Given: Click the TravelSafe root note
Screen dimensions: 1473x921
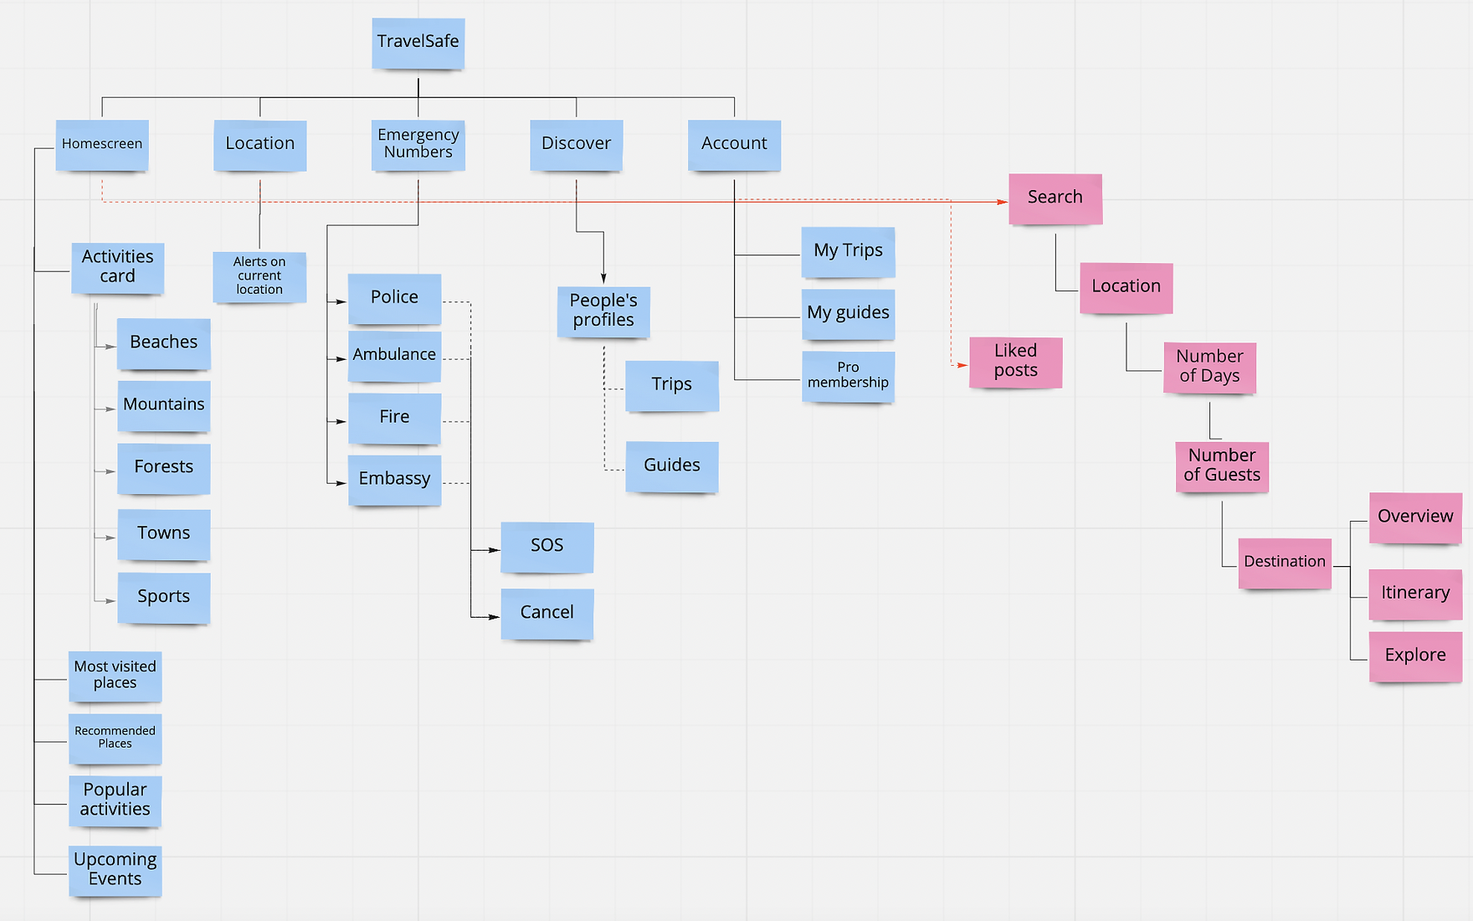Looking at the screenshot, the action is (x=418, y=43).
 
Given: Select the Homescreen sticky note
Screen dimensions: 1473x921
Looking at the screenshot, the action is (x=102, y=145).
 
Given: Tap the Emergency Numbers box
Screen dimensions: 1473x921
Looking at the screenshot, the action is (x=418, y=144).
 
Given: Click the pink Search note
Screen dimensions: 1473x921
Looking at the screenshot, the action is (x=1055, y=198).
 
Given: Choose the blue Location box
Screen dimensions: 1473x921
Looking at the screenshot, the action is (x=259, y=145).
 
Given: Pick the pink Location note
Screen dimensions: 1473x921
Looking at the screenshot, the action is (x=1126, y=287).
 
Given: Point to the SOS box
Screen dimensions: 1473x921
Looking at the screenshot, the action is (x=547, y=547).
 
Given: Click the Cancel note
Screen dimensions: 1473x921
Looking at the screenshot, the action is (x=547, y=613).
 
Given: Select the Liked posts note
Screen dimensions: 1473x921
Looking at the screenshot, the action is (x=1015, y=362).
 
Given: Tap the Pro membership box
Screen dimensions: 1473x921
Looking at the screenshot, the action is (x=848, y=376).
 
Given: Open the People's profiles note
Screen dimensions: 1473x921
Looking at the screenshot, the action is (x=603, y=311).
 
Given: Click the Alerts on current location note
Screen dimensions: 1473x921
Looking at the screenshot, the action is (x=259, y=276).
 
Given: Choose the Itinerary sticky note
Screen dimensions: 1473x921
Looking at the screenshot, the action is (x=1415, y=594).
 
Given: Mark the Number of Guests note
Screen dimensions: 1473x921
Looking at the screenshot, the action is (x=1222, y=466).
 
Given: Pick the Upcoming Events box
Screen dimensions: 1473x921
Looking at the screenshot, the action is (x=115, y=870).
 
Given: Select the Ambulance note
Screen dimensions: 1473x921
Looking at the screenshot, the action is (x=394, y=356).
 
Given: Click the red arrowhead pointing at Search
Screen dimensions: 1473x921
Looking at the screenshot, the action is (x=1003, y=202).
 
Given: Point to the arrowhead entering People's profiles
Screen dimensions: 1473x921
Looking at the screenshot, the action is (x=603, y=279).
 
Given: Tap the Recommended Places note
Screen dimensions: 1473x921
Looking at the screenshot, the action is (x=115, y=738).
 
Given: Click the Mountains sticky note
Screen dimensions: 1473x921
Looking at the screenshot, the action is (x=163, y=405).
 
